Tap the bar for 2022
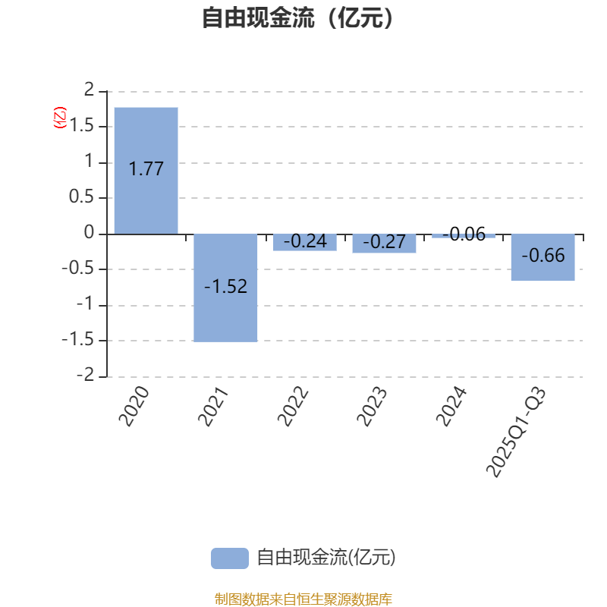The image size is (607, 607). (305, 242)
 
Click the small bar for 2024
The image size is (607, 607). (464, 236)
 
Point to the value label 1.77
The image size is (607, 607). (146, 169)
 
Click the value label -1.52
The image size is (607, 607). (225, 287)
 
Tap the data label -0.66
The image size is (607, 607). (543, 256)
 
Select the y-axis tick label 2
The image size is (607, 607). (90, 90)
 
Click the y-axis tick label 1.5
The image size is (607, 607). (82, 126)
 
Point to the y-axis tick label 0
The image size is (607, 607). (90, 233)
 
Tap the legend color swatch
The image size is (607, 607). (229, 558)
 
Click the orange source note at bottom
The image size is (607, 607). (303, 599)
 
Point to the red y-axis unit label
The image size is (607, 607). (59, 118)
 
